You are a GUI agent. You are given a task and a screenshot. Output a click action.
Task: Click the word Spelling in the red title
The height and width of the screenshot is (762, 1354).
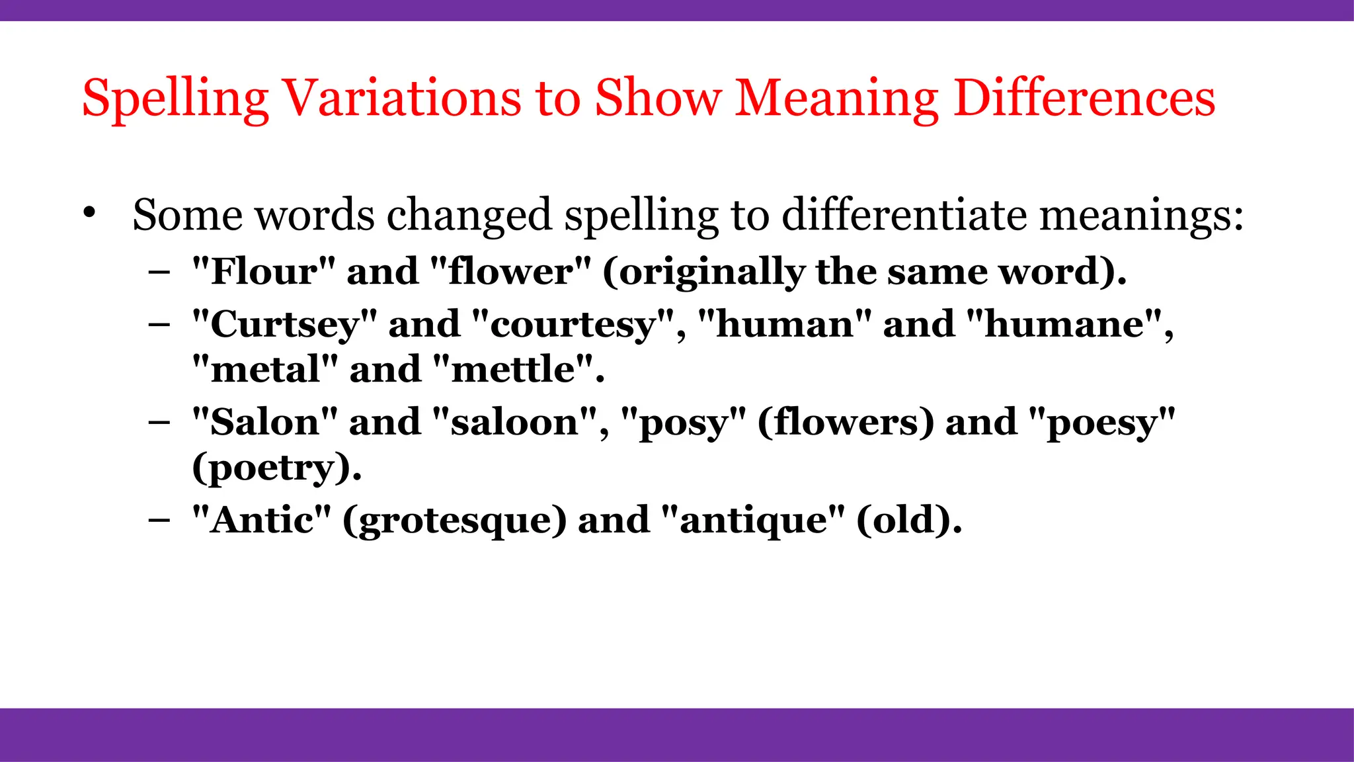click(x=175, y=99)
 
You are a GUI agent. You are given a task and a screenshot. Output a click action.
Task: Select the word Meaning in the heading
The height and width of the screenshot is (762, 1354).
click(x=836, y=99)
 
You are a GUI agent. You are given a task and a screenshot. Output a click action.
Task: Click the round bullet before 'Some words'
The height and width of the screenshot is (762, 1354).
click(x=90, y=213)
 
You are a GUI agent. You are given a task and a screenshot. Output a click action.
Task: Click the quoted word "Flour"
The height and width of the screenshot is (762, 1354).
click(x=263, y=271)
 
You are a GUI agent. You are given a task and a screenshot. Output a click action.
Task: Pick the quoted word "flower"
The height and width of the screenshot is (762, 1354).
click(x=510, y=271)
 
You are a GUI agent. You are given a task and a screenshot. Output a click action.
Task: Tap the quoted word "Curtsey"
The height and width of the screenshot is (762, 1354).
click(x=284, y=324)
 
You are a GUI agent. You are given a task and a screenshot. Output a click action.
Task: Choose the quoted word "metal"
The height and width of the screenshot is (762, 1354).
click(x=265, y=369)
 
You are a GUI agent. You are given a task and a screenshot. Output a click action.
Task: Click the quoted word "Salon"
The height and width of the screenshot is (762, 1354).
click(x=264, y=422)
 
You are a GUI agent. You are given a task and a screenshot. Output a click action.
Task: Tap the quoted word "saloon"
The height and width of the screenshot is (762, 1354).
click(x=515, y=422)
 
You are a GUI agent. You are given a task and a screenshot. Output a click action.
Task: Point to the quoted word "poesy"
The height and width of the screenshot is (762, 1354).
click(x=1102, y=422)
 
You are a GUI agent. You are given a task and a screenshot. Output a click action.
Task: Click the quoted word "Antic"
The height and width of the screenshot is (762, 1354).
click(x=261, y=520)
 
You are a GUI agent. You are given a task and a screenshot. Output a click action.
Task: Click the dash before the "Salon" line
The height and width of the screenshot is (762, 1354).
click(x=159, y=422)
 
